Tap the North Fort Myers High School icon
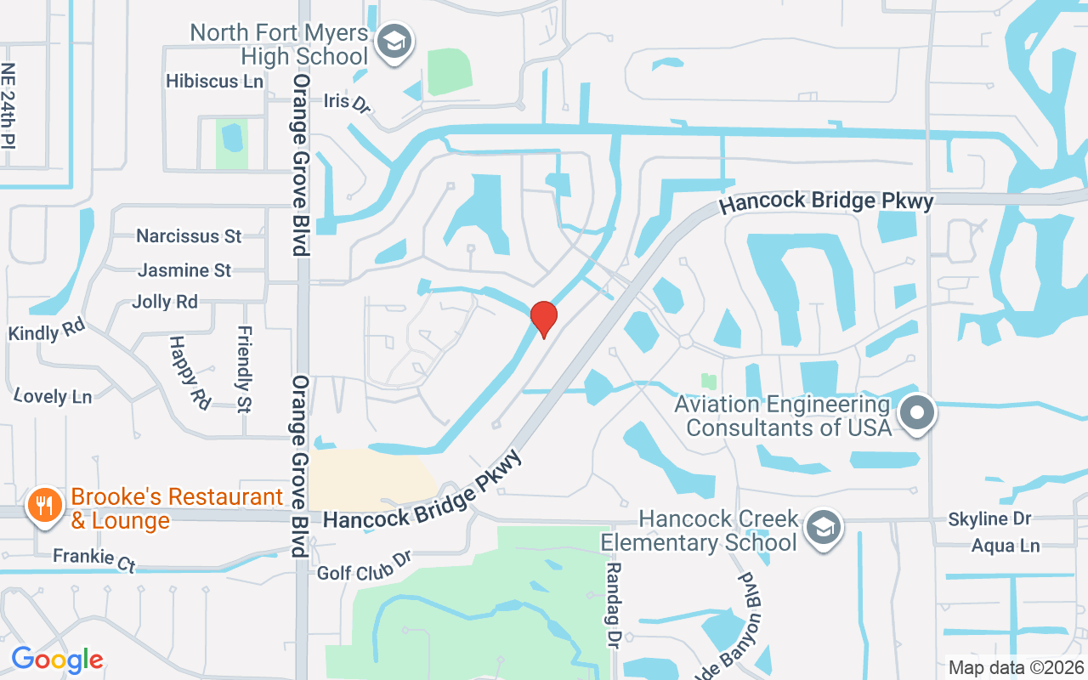click(394, 41)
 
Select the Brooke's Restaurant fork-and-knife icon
click(42, 506)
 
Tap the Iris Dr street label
click(348, 102)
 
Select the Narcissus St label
click(189, 235)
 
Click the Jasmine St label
click(184, 270)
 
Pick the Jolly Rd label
click(165, 302)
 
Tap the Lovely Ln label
click(53, 396)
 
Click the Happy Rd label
click(190, 372)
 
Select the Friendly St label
click(245, 369)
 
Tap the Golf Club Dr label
click(364, 567)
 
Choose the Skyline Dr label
click(989, 518)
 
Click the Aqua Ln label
click(1006, 546)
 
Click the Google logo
click(57, 660)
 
